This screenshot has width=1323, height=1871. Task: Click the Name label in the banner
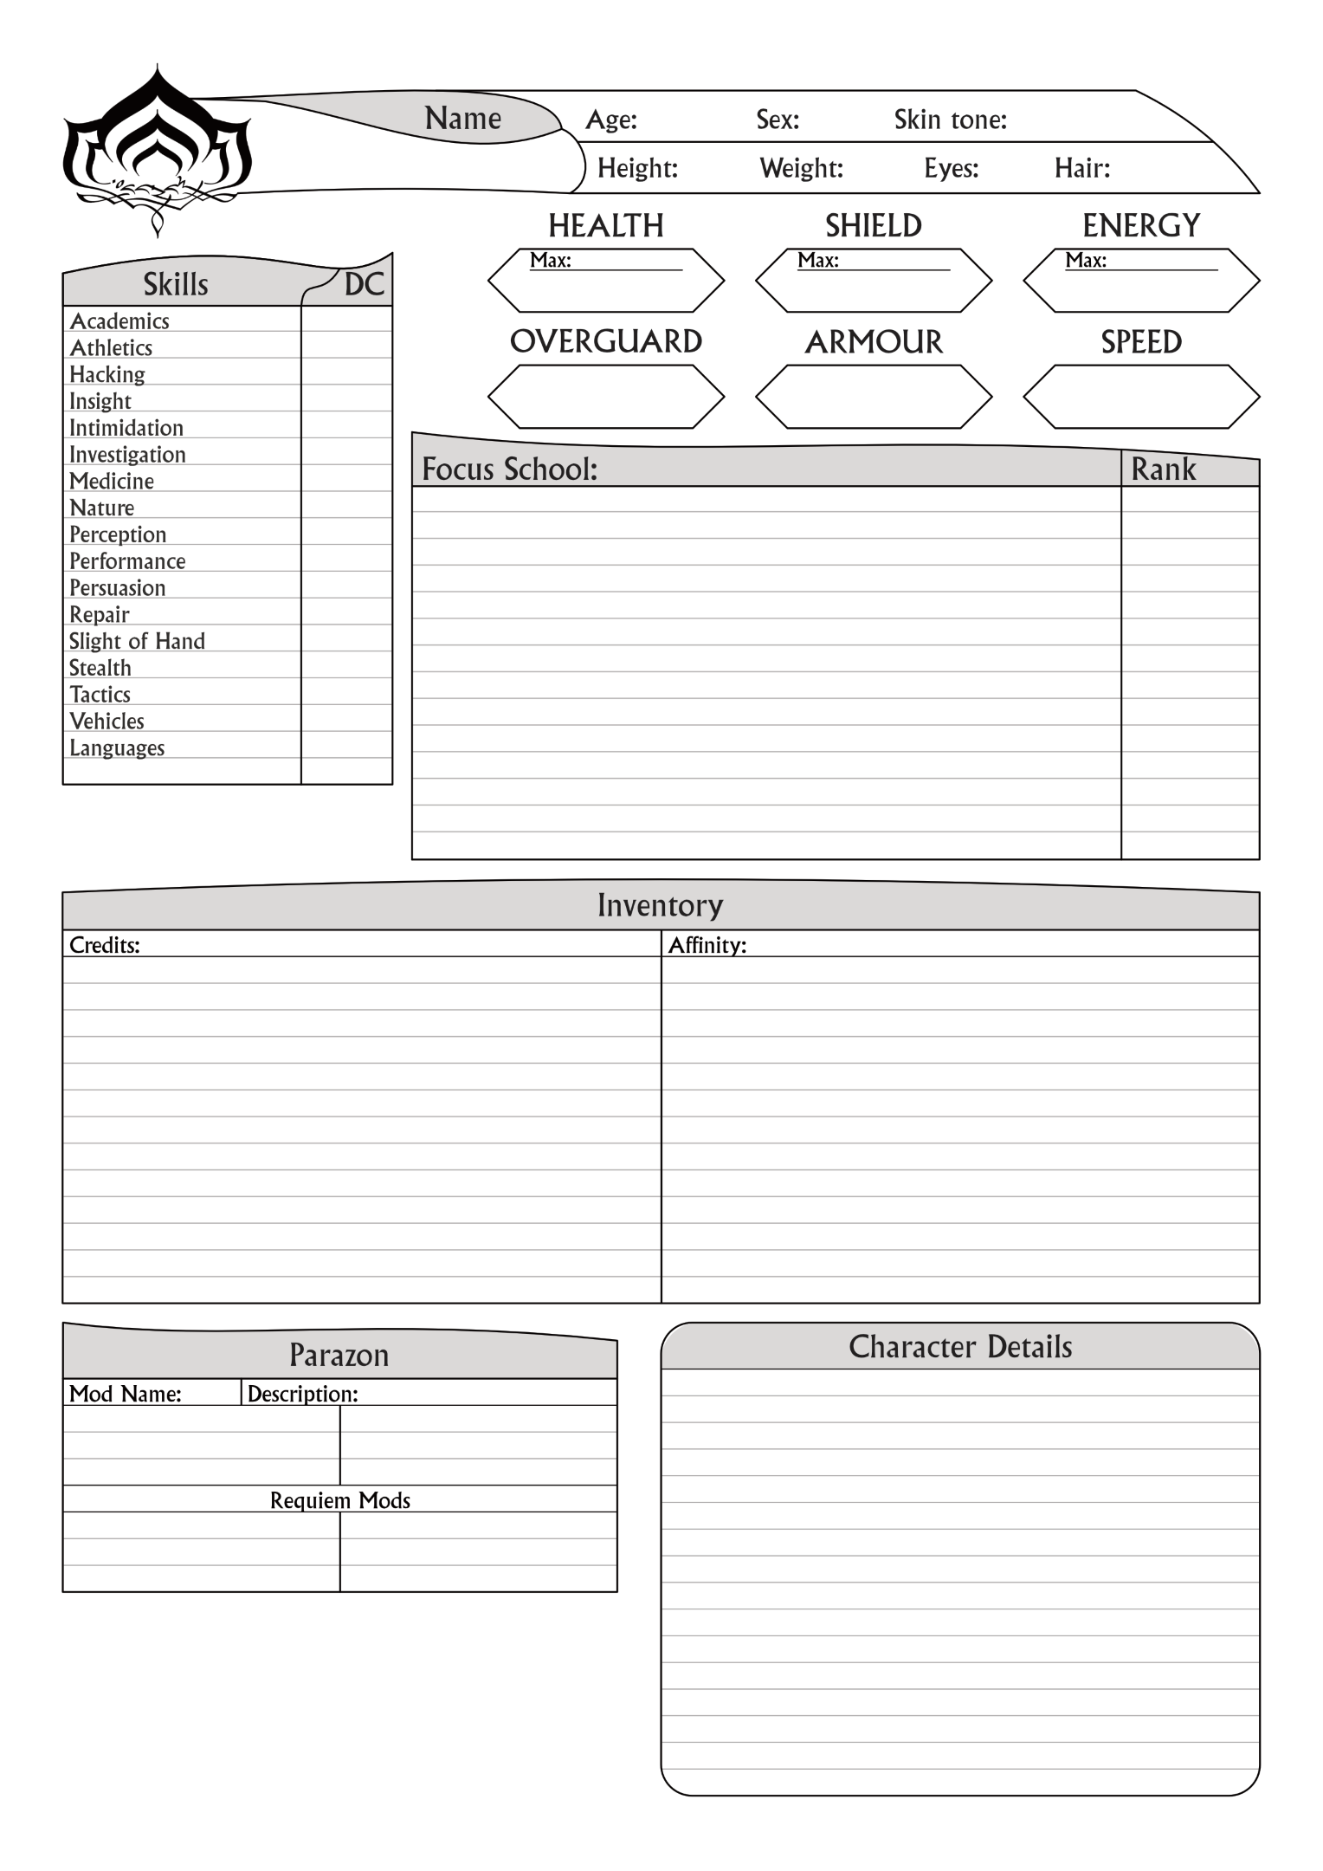click(462, 119)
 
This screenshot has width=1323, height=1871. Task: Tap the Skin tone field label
click(950, 120)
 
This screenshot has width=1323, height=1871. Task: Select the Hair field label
click(1081, 168)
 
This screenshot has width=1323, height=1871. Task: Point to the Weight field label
click(801, 168)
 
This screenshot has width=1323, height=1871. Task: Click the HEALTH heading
click(605, 226)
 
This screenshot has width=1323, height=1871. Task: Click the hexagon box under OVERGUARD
click(605, 397)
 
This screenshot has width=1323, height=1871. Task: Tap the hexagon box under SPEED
click(1140, 397)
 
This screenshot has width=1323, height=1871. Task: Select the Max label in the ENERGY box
click(1085, 261)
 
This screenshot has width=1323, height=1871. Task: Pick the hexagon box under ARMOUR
click(873, 397)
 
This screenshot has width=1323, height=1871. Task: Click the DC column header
click(364, 285)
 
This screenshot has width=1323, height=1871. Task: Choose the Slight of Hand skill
click(137, 641)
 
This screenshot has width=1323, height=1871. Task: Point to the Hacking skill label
click(107, 374)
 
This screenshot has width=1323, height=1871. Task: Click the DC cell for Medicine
click(346, 481)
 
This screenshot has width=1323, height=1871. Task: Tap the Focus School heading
click(509, 469)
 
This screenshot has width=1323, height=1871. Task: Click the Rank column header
click(1163, 469)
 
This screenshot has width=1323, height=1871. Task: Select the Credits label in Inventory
click(104, 945)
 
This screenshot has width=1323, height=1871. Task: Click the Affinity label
click(707, 945)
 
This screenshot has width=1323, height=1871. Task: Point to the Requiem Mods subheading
click(339, 1500)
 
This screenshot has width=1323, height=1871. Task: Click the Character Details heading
click(959, 1347)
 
